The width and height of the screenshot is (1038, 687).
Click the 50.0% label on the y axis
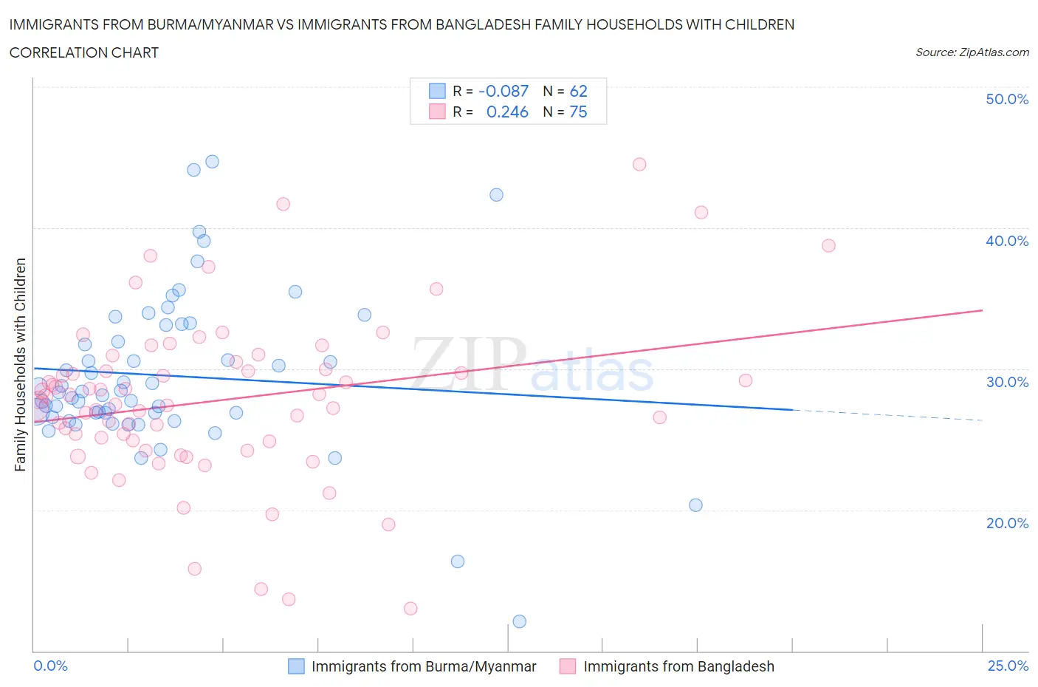coord(1006,99)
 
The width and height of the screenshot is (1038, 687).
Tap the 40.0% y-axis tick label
coord(1006,241)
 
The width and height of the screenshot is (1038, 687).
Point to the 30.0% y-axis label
coord(1006,382)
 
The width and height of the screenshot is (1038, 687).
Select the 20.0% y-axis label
coord(1006,523)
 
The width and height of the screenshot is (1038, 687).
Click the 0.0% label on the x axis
coord(50,666)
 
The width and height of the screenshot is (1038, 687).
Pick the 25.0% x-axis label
coord(1008,666)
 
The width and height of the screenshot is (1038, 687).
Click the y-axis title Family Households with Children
coord(20,364)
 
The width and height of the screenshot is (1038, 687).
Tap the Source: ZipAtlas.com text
coord(972,52)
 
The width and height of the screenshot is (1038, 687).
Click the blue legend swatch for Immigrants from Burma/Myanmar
coord(296,666)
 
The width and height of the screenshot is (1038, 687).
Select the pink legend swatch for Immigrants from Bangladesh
coord(568,666)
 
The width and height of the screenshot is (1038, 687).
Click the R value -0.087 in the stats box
coord(503,91)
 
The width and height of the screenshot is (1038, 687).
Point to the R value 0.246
coord(507,112)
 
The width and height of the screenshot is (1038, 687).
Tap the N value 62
coord(578,91)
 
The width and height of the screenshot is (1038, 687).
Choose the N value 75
coord(578,112)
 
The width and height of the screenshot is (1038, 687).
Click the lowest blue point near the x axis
coord(519,621)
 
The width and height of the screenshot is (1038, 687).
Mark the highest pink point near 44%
coord(639,164)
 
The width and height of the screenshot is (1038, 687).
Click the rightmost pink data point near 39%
coord(828,245)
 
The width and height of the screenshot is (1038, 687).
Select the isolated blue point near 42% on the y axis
coord(496,194)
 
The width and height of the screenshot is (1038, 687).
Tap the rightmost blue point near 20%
coord(695,505)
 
